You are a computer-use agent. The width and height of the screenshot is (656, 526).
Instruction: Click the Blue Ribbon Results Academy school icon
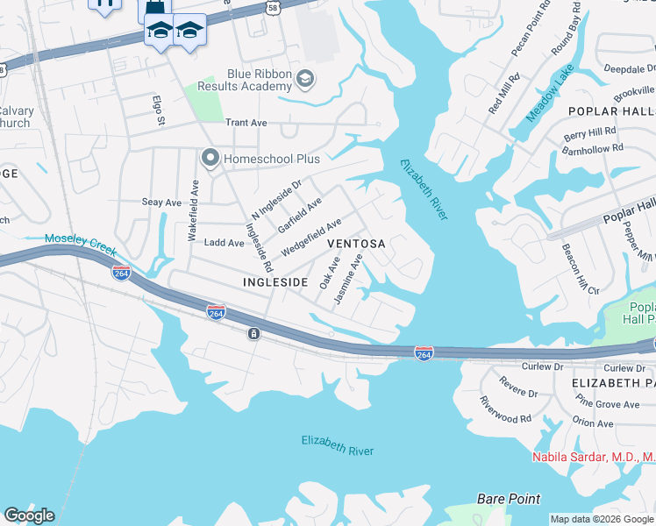click(304, 80)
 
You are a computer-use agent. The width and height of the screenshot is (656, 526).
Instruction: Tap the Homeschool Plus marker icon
click(210, 159)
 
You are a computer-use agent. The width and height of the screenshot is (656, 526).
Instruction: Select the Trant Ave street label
click(246, 124)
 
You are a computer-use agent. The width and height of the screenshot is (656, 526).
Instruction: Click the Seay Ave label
click(161, 203)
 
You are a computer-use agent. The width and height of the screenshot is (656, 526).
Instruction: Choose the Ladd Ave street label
click(224, 243)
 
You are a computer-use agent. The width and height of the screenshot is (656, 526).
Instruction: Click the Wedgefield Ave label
click(310, 238)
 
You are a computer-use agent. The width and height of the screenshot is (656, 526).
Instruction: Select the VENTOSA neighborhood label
click(356, 243)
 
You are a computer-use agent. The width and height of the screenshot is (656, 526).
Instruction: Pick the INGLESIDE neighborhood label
click(275, 282)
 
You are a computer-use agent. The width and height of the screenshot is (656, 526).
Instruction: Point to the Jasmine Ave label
click(348, 280)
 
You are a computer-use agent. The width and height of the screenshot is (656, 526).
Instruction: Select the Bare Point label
click(509, 499)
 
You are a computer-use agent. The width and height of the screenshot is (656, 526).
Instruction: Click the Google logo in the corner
click(29, 515)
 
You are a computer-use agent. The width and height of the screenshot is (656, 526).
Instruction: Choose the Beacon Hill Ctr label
click(580, 269)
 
